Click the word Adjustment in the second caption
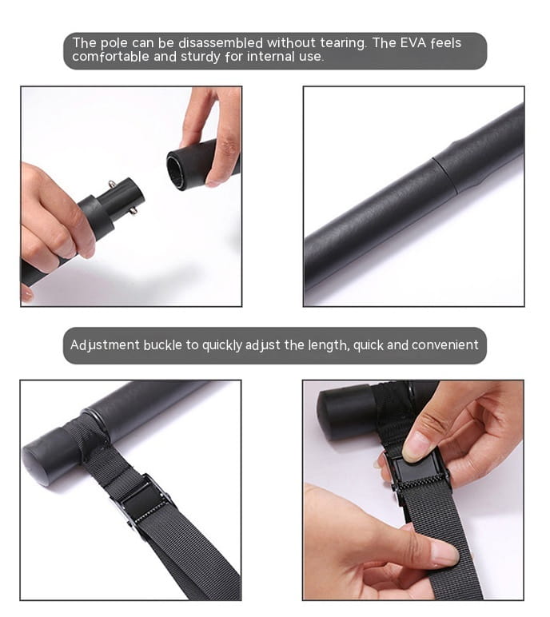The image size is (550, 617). point(105,345)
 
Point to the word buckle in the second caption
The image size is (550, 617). point(164,345)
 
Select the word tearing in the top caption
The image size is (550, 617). point(334,43)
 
